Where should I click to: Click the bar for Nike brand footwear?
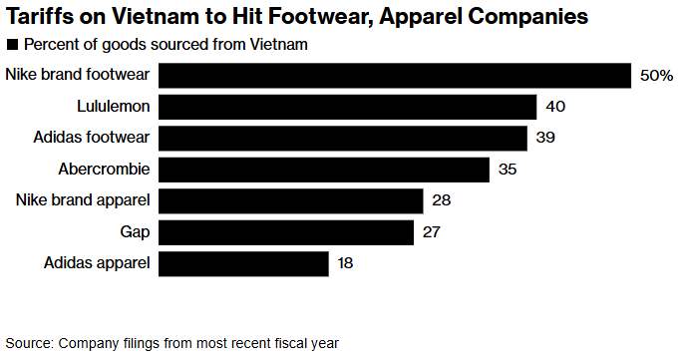tap(395, 76)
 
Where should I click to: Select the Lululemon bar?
tap(347, 107)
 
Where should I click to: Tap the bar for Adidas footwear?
tap(343, 138)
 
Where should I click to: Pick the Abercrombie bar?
tap(324, 170)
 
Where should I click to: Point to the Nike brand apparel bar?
tap(291, 201)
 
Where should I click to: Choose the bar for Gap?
tap(286, 232)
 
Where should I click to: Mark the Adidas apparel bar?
tap(243, 264)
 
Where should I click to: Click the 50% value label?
tap(657, 76)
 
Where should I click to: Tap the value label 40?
tap(555, 107)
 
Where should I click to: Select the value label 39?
tap(546, 138)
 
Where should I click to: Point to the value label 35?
tap(508, 170)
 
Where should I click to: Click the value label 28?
tap(442, 200)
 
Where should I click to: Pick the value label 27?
tap(432, 232)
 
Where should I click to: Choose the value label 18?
tap(346, 263)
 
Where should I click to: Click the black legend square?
tap(12, 45)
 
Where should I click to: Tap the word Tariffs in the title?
tap(37, 17)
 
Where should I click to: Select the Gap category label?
tap(135, 232)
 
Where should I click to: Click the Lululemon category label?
tap(114, 106)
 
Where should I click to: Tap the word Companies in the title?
tap(528, 17)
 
